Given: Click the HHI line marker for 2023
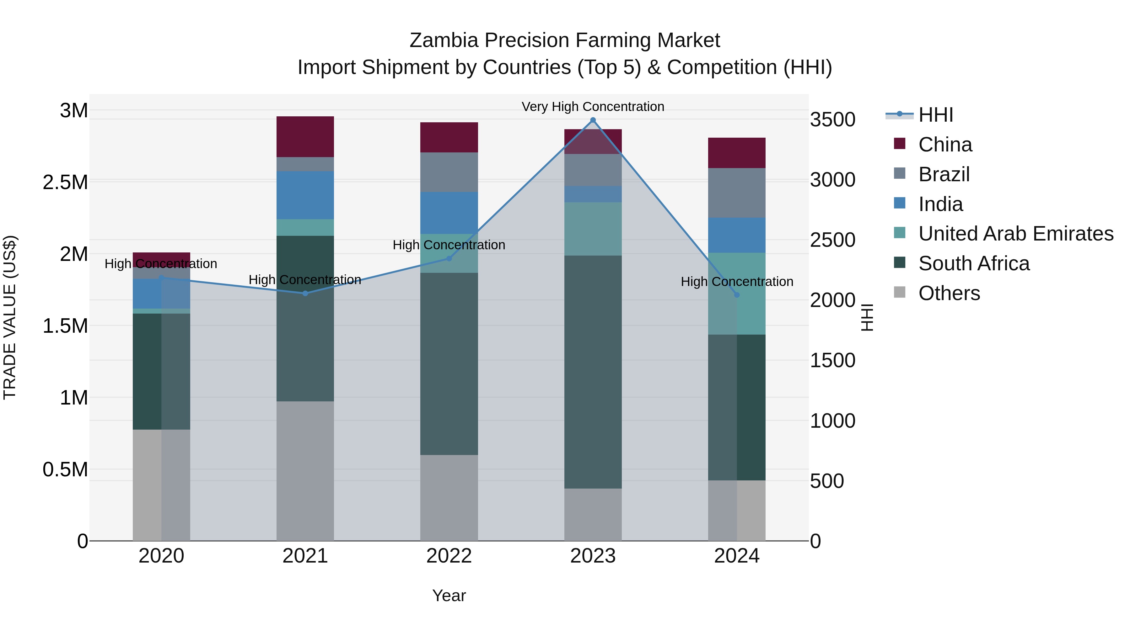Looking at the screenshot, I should [593, 120].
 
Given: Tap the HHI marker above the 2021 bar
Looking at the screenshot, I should [305, 293].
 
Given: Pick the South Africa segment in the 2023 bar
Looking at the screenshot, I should [593, 372].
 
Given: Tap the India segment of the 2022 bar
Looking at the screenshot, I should [449, 213].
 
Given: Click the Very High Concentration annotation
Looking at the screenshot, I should [593, 107].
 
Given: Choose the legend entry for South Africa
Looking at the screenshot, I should [973, 263].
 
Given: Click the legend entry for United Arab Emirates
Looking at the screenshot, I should [1015, 234].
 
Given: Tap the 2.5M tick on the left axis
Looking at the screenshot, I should [65, 182].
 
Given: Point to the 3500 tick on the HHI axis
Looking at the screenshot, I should [832, 120].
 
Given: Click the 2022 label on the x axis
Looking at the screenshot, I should [449, 556].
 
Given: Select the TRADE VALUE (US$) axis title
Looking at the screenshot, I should [10, 317].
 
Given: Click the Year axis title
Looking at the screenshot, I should [449, 595].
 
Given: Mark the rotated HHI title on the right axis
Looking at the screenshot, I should [867, 317].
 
